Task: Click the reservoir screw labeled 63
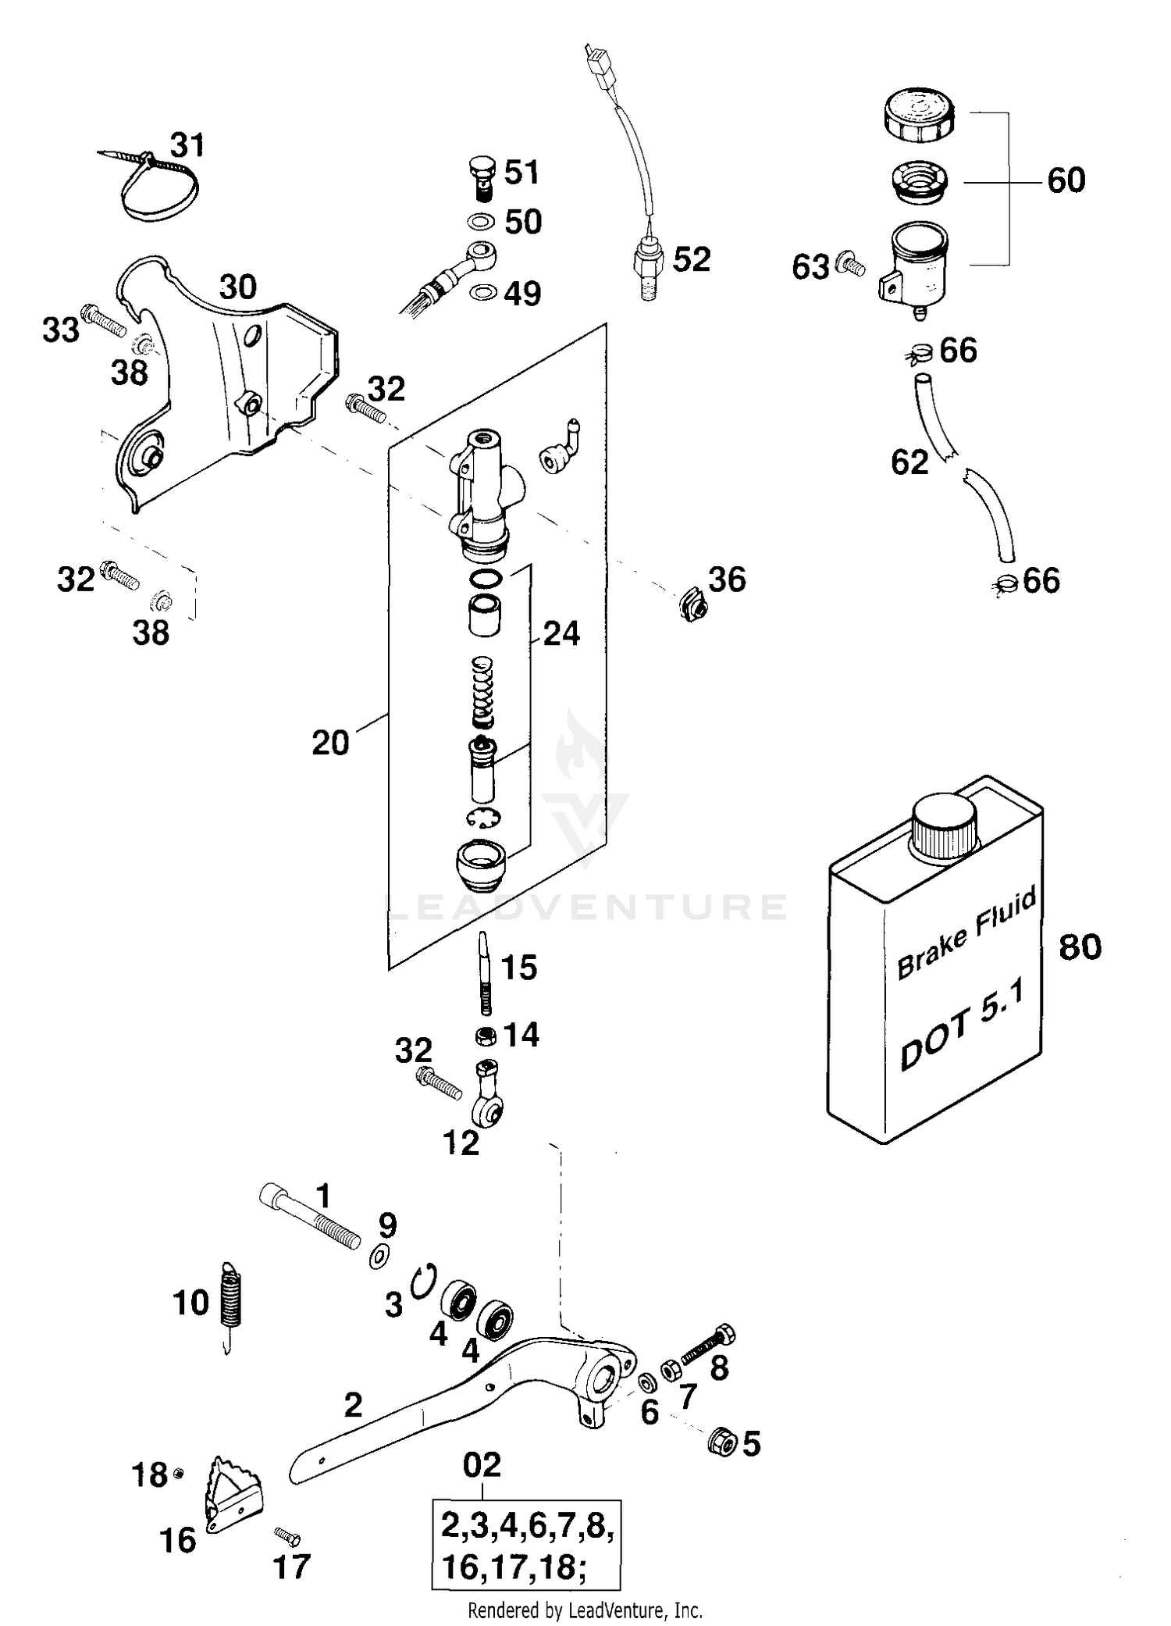point(850,266)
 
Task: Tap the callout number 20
point(329,743)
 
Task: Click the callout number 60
point(1066,181)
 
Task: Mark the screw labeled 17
point(287,1535)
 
